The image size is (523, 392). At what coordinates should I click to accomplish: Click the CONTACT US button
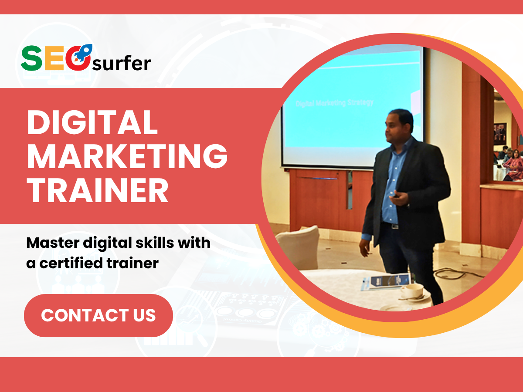coord(98,315)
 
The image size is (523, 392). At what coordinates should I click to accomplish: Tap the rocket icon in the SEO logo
coord(83,53)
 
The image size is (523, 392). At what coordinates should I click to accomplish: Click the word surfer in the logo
coord(122,63)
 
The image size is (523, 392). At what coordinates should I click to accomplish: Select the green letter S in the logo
coord(31,58)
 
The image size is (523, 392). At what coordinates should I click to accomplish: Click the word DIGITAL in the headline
coord(92,122)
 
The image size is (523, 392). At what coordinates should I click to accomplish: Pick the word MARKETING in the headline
coord(127,156)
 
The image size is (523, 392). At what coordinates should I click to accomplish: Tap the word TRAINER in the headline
coord(98,190)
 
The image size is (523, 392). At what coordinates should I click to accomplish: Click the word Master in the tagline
coord(53,243)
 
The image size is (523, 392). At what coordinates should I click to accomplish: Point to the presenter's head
coord(399,126)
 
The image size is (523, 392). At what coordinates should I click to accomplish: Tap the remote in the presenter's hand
coord(396,196)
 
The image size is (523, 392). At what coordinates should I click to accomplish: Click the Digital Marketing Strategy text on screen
coord(335,103)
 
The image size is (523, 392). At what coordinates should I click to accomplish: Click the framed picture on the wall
coord(500,134)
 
